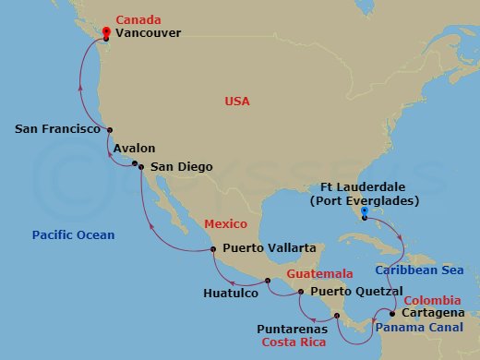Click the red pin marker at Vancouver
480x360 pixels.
click(x=107, y=32)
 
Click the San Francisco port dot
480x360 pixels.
click(x=110, y=130)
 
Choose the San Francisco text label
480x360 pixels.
click(x=57, y=130)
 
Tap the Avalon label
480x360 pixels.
click(x=135, y=148)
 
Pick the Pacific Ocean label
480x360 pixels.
click(x=73, y=235)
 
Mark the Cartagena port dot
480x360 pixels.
click(x=392, y=314)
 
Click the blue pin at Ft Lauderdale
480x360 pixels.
click(x=365, y=212)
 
